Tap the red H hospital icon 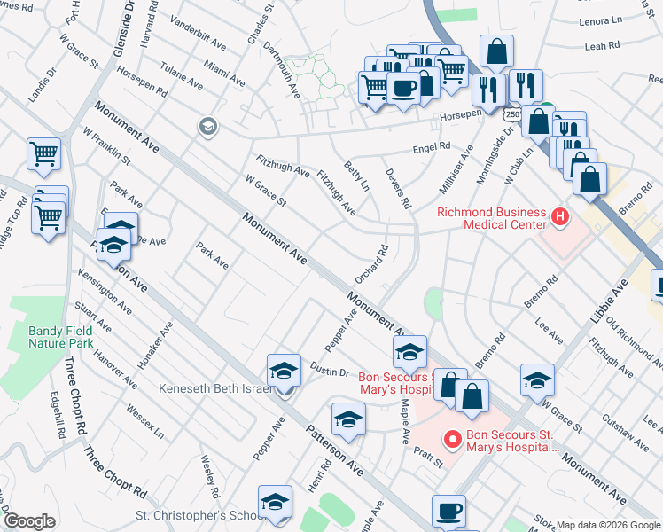559,216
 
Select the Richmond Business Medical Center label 492,217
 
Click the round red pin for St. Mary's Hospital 453,438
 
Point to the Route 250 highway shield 511,114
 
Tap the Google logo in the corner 29,521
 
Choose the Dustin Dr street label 330,370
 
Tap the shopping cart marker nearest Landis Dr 43,154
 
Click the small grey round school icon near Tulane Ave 208,126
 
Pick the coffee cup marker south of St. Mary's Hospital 448,511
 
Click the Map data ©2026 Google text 608,525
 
